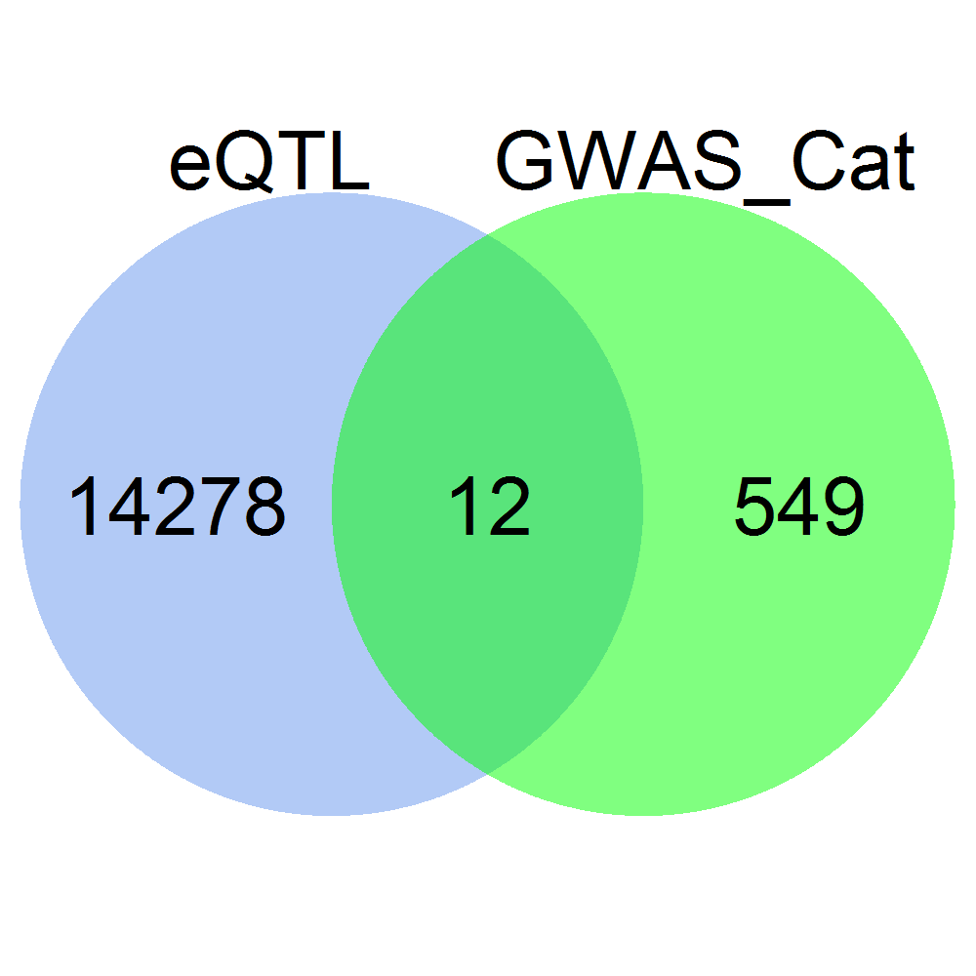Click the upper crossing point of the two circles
[488, 234]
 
